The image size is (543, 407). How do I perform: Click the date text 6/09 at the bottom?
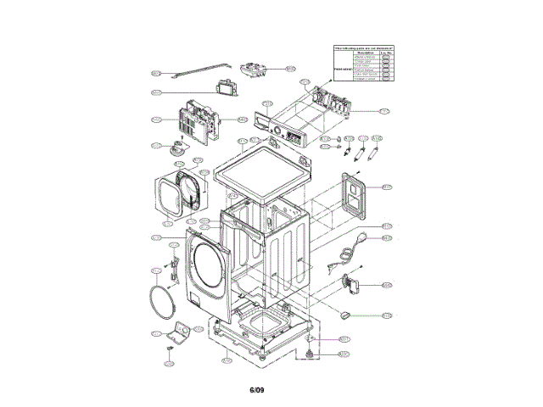pyautogui.click(x=259, y=390)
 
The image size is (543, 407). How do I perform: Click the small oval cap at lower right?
pyautogui.click(x=346, y=314)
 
